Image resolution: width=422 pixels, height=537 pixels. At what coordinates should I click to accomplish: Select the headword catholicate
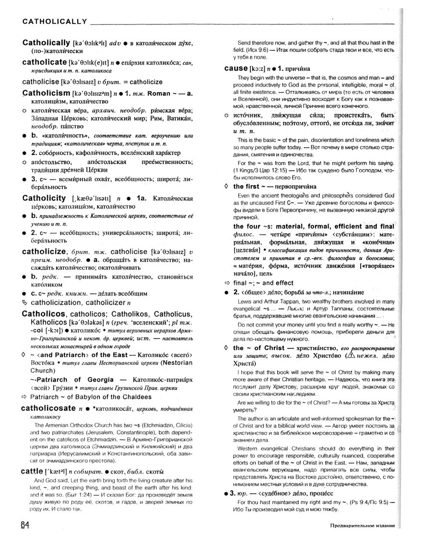coord(44,62)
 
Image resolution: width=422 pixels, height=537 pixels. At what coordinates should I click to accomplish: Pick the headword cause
coord(235,68)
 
